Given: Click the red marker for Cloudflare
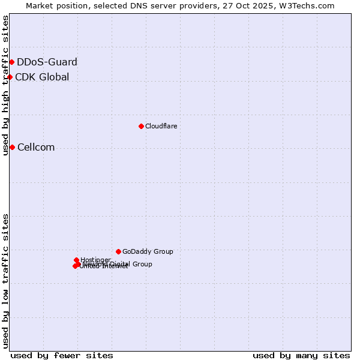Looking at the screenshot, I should coord(141,126).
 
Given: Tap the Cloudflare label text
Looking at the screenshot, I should coord(161,126).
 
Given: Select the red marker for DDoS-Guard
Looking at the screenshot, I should coord(11,62).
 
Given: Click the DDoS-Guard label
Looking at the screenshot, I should coord(47,62).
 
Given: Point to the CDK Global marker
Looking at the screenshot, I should coord(10,77).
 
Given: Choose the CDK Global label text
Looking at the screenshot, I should coord(42,77).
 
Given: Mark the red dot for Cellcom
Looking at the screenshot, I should coord(12,147).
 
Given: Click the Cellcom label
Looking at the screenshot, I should coord(36,148).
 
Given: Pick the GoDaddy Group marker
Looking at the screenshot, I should coord(118,251).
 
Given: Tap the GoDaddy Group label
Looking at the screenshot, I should coord(148,251).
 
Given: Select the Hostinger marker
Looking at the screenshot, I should coord(77,260).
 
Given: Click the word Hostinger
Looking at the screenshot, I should coord(95,260).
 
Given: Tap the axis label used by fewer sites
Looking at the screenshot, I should coord(62,355).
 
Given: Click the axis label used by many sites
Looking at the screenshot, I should coord(301,355).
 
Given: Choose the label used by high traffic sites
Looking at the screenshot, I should coord(6,85).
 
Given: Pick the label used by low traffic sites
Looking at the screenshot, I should coord(6,281).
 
